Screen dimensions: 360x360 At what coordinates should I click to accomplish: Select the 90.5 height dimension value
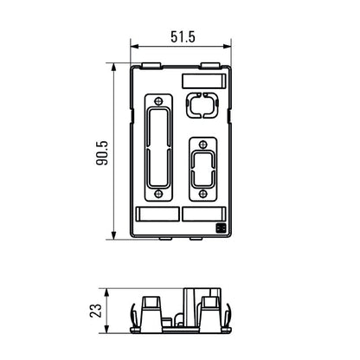[x=102, y=151]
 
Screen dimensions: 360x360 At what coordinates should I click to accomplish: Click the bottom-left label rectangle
[x=158, y=215]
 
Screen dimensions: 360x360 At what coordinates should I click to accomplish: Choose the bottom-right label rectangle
[x=203, y=215]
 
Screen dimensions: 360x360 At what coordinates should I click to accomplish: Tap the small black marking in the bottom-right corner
[x=220, y=228]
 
